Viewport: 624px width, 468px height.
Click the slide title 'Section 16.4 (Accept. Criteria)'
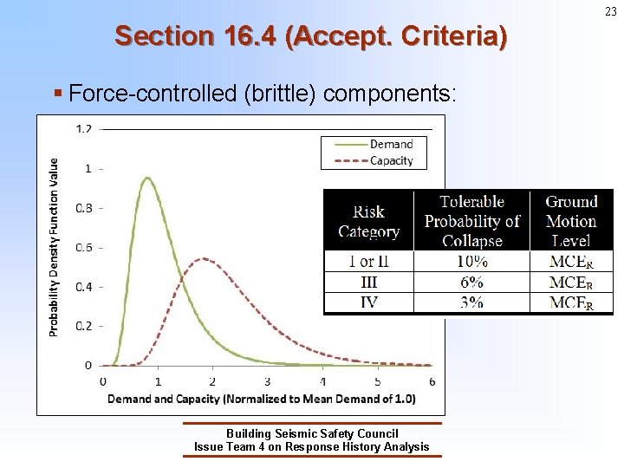click(x=311, y=36)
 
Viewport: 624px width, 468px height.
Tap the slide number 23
click(x=611, y=11)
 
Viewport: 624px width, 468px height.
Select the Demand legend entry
click(x=391, y=144)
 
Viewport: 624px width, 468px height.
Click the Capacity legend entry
click(x=391, y=160)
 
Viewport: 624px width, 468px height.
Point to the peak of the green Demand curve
click(x=147, y=179)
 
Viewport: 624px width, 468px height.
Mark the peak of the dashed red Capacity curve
click(x=203, y=258)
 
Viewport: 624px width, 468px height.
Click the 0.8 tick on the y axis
click(x=84, y=208)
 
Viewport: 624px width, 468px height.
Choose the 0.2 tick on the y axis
click(x=84, y=326)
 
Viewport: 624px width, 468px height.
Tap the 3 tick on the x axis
click(x=267, y=381)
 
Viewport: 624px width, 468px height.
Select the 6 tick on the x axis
click(x=432, y=381)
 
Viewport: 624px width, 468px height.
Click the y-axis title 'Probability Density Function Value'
click(x=55, y=247)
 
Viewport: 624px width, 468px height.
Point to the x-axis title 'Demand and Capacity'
click(x=261, y=399)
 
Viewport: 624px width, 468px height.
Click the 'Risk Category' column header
click(x=368, y=221)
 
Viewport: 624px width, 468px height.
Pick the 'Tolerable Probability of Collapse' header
click(x=471, y=221)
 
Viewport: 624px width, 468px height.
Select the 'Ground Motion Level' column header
click(x=571, y=221)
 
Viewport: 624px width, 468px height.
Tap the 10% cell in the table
click(x=471, y=261)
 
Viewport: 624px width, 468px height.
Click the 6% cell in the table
click(x=471, y=283)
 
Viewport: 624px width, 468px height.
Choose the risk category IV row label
click(x=368, y=302)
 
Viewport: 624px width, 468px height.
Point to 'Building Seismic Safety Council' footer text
click(x=312, y=433)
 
